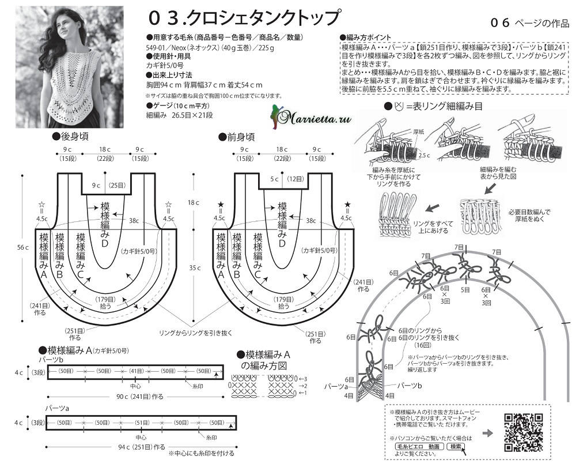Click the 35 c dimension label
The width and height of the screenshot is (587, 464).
click(194, 267)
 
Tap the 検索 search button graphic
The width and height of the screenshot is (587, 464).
click(456, 446)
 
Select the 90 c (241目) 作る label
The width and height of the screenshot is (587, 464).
click(133, 397)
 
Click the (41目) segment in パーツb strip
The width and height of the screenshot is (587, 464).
click(137, 371)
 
